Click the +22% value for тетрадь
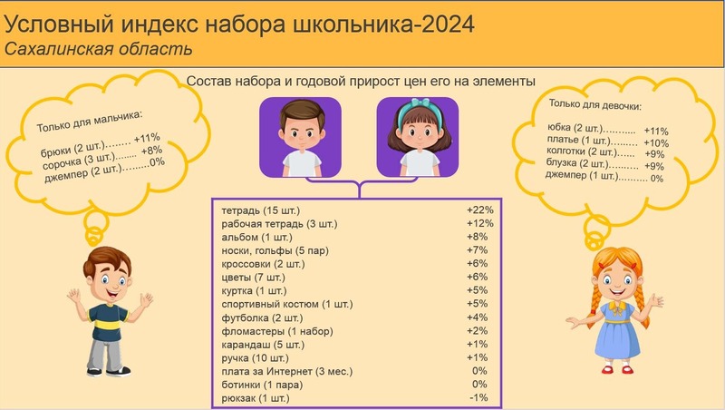[x=480, y=210]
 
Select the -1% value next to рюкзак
[x=478, y=397]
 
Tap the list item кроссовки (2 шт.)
[x=263, y=264]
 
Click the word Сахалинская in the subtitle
[x=55, y=49]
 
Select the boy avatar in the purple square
[x=301, y=138]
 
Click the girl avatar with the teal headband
[x=418, y=138]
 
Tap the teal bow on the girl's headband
[x=420, y=102]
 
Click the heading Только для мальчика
[x=90, y=122]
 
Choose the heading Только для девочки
[x=595, y=104]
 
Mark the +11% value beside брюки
[x=147, y=138]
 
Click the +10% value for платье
[x=656, y=143]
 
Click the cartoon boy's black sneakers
[x=109, y=371]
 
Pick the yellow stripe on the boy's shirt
[x=109, y=323]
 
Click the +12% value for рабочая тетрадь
[x=480, y=223]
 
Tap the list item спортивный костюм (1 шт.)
[x=287, y=305]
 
